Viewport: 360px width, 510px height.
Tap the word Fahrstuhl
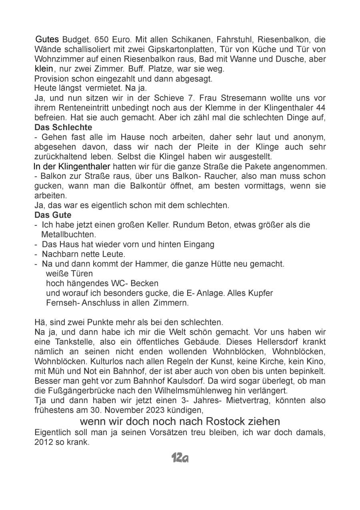[x=235, y=40]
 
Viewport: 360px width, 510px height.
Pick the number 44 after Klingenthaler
[x=320, y=108]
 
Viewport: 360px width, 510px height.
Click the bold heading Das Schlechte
[x=63, y=127]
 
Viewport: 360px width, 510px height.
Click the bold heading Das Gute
[x=53, y=215]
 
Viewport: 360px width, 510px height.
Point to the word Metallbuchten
[x=68, y=235]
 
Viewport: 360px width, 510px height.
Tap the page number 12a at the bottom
[x=180, y=458]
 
